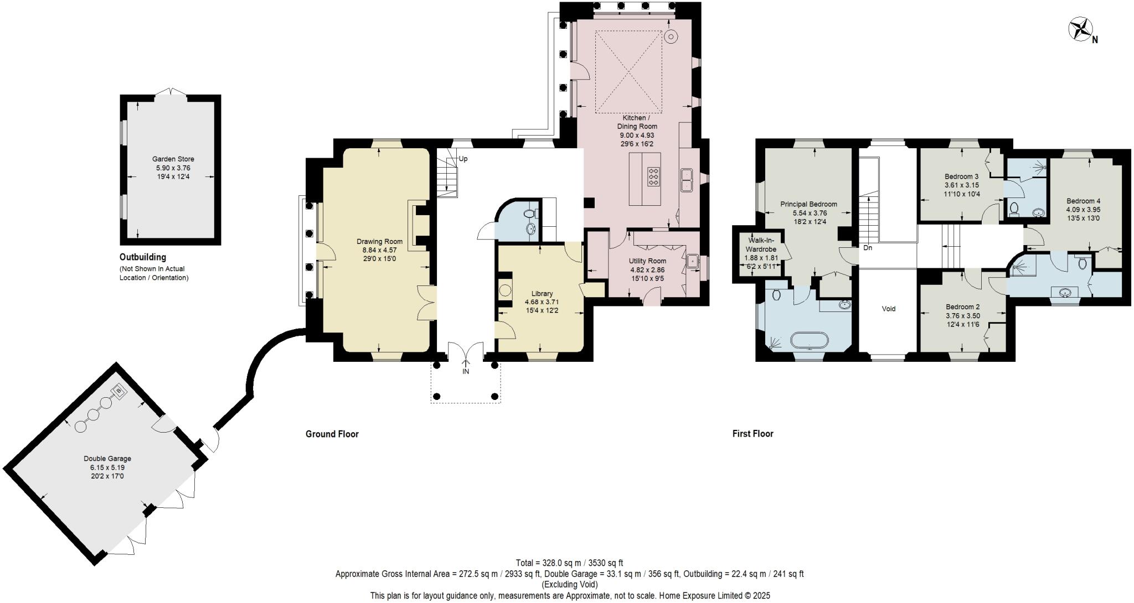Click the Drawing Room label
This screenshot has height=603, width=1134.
tap(379, 242)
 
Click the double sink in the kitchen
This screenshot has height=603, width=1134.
tap(688, 180)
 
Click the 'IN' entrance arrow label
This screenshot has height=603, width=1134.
tap(466, 372)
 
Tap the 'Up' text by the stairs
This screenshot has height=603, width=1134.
tap(463, 159)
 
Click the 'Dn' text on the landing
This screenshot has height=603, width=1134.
tap(868, 248)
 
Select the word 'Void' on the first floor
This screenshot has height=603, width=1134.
tap(888, 309)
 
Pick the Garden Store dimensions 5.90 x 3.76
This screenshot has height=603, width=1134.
tap(173, 168)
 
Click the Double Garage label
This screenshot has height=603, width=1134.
tap(107, 459)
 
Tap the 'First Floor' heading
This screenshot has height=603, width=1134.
tap(752, 434)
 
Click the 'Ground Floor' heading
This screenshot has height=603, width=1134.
tap(332, 434)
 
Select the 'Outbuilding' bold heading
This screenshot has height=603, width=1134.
tap(142, 257)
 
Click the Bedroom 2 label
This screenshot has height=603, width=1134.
tap(962, 307)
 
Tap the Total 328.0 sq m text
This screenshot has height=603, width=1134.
tap(569, 563)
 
